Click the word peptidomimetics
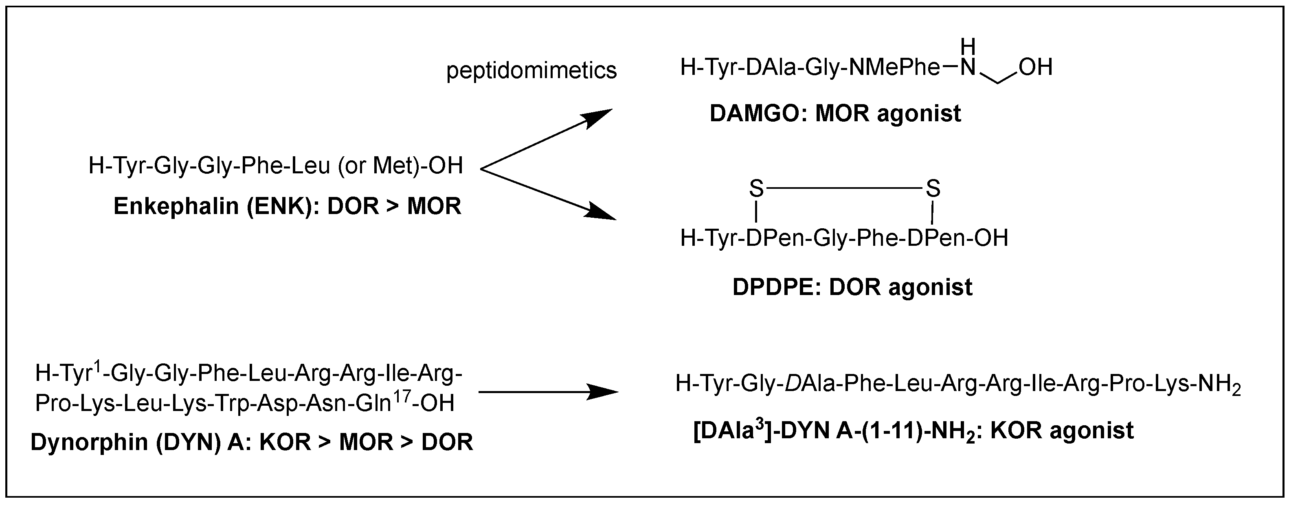pos(531,70)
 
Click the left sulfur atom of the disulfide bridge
pos(756,189)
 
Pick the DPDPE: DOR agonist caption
pos(852,287)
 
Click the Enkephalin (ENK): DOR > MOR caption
pos(287,206)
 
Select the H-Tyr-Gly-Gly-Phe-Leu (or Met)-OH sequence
pos(276,166)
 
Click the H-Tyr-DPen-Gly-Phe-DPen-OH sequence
pos(844,238)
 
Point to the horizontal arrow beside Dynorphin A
pos(548,392)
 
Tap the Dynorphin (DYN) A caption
pos(252,442)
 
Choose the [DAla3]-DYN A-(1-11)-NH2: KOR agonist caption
pos(913,431)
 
